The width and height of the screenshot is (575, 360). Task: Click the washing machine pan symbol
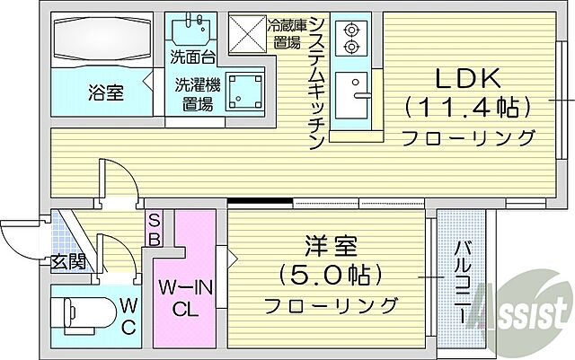click(x=243, y=91)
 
